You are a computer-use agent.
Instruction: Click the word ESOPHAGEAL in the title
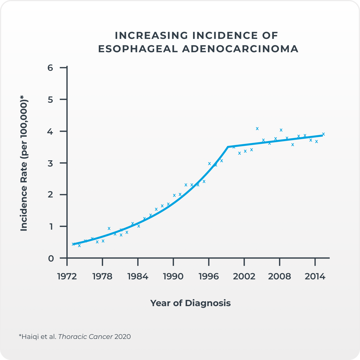pos(138,49)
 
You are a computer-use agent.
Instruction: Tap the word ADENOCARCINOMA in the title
pos(240,49)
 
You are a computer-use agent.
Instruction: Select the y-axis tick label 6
pos(50,67)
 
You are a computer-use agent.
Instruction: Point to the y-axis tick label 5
pos(50,99)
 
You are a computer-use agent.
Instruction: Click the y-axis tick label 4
pos(50,131)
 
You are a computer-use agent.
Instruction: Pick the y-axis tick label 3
pos(50,163)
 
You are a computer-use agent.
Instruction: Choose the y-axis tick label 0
pos(50,258)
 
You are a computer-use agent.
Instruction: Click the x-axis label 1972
pos(67,276)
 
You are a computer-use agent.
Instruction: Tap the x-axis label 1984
pos(138,276)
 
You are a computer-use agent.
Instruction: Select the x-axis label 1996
pos(209,276)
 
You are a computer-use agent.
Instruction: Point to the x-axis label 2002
pos(244,276)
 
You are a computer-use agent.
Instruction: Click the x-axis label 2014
pos(315,276)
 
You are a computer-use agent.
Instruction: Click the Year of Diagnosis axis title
pos(191,303)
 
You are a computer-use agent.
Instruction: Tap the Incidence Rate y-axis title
pos(24,163)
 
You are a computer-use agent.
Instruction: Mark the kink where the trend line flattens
pos(228,147)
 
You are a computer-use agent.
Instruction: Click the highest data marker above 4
pos(257,128)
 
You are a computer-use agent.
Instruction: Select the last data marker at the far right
pos(323,134)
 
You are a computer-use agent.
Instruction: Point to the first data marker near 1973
pos(73,244)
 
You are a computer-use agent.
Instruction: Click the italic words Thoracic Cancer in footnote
pos(86,337)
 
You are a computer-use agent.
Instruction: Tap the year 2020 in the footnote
pos(122,337)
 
